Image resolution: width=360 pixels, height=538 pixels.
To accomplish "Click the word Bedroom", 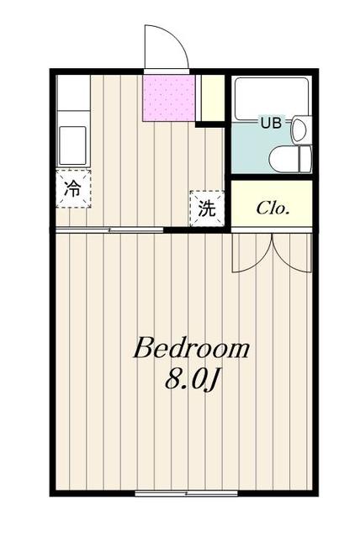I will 191,348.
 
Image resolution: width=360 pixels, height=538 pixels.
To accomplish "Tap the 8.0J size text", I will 193,380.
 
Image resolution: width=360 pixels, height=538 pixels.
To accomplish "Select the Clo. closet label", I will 273,207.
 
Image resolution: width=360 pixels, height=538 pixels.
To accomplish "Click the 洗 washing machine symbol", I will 206,209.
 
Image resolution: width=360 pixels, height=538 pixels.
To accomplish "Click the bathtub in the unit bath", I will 271,98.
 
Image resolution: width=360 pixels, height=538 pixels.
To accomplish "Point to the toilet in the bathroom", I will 290,158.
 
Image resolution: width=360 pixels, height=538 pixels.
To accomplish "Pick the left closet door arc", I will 251,253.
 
